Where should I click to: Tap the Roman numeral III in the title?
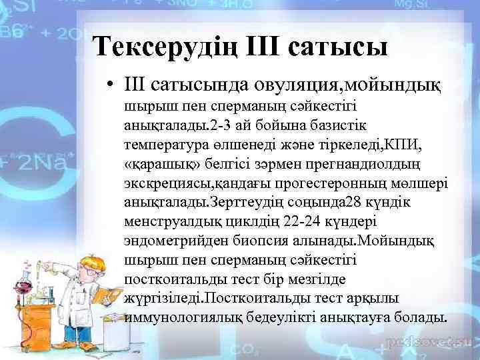[274, 47]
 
